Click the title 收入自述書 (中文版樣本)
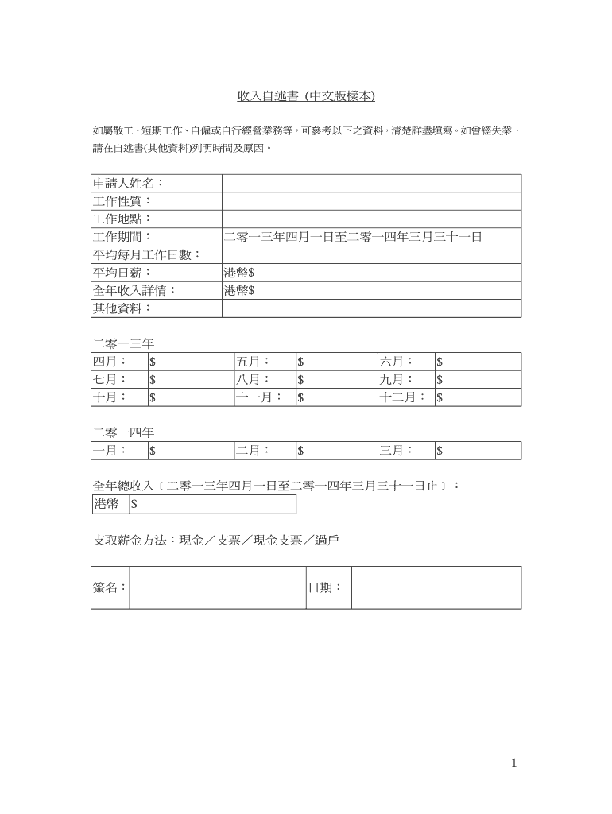tap(305, 96)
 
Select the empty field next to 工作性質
tap(371, 201)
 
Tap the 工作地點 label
tap(122, 219)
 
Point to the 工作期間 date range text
tap(353, 237)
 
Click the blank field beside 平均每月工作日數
tap(371, 254)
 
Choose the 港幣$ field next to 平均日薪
tap(371, 273)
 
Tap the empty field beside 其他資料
tap(371, 308)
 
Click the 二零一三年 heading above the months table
tap(123, 344)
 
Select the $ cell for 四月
tap(191, 362)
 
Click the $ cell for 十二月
tap(478, 397)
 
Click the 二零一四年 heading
tap(123, 432)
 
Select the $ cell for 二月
tap(335, 451)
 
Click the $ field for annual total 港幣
tap(212, 505)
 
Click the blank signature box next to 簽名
tap(218, 587)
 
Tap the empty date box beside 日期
tap(436, 587)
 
